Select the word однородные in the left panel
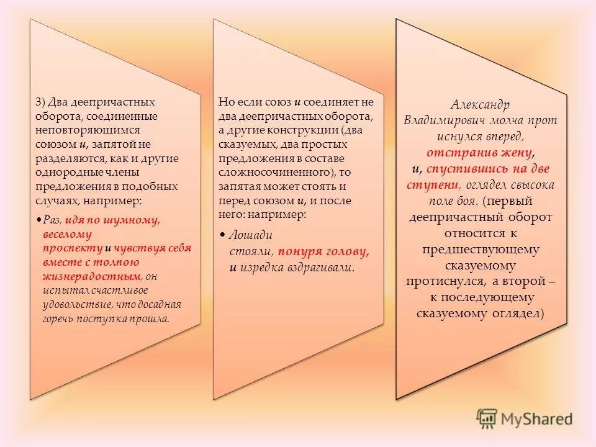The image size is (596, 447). (63, 172)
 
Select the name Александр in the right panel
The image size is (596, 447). (482, 104)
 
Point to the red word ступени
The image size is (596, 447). (433, 185)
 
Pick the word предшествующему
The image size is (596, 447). (481, 250)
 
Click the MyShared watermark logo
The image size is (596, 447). (525, 418)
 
